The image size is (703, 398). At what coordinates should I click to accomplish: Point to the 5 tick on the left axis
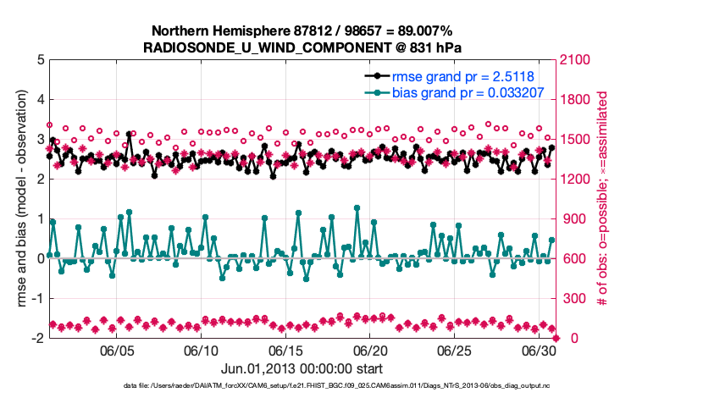pos(40,60)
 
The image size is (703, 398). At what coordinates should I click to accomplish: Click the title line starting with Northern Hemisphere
pos(302,31)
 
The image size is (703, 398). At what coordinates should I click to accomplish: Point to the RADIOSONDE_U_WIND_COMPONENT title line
pos(302,47)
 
